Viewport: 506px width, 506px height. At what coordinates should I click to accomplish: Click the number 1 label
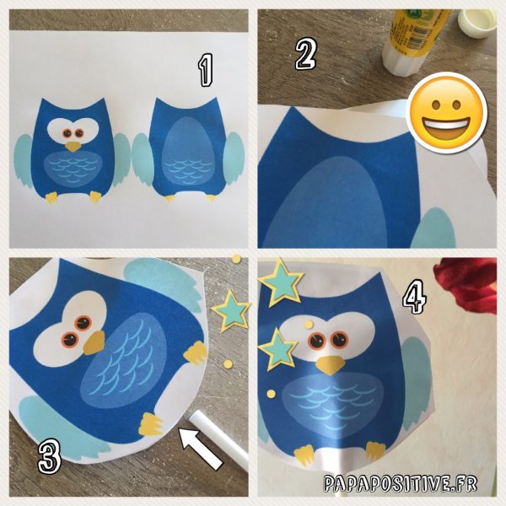(205, 70)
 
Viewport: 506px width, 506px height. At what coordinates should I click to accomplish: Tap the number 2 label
(306, 54)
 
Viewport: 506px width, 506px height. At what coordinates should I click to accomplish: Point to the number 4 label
(415, 296)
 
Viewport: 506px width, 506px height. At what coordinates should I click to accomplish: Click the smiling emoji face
(447, 113)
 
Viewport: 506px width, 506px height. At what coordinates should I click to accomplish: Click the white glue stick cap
(477, 24)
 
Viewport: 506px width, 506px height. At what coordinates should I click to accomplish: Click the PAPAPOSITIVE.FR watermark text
(400, 483)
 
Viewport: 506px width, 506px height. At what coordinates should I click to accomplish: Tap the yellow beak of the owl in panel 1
(73, 147)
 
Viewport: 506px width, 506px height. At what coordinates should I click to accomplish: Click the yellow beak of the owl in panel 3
(94, 342)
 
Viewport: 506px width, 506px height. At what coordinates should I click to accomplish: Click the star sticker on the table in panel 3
(231, 312)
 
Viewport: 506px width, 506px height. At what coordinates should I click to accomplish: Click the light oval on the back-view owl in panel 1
(188, 151)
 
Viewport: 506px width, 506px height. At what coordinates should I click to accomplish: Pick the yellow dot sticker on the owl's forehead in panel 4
(309, 324)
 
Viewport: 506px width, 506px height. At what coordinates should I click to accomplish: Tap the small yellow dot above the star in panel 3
(236, 259)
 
